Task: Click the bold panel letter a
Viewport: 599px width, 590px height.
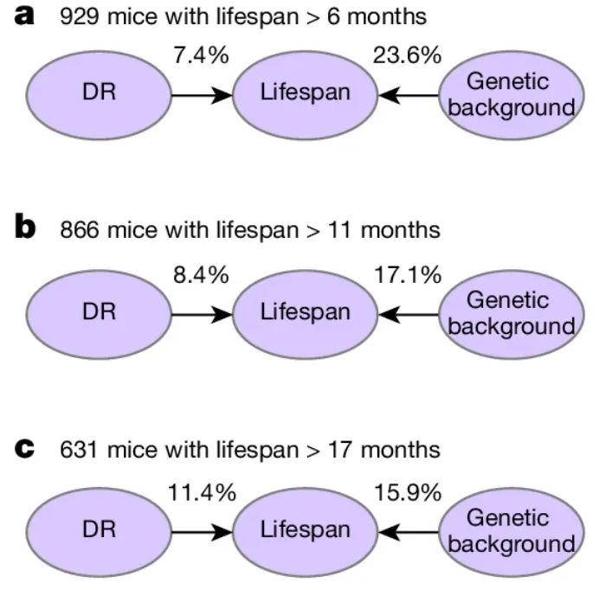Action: (x=24, y=16)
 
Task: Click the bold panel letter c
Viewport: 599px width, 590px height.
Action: (x=24, y=448)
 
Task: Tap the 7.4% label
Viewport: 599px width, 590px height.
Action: (x=201, y=55)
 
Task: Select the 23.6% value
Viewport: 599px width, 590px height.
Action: (x=407, y=55)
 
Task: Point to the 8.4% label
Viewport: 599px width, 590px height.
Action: (x=201, y=275)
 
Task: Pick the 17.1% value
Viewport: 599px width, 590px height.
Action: (x=408, y=275)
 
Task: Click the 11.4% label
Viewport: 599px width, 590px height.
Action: (x=202, y=492)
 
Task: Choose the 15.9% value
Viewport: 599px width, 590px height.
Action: (x=408, y=492)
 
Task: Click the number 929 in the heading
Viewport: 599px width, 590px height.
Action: (x=80, y=17)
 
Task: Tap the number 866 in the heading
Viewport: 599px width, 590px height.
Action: (x=80, y=230)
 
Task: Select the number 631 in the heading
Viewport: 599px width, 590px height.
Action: (x=78, y=450)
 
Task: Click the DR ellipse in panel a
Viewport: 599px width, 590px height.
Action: (x=99, y=95)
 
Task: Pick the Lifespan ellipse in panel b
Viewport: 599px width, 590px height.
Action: (x=306, y=315)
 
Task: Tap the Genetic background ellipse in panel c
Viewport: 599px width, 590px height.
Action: (x=512, y=532)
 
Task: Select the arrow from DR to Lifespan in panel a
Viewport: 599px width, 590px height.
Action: (x=202, y=95)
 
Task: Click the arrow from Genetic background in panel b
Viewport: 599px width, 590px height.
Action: (x=409, y=315)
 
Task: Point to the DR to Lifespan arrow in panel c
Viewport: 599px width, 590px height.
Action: (x=202, y=532)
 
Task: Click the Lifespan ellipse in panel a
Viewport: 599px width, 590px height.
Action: (x=306, y=95)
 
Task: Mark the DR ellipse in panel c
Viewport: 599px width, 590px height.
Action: (x=99, y=532)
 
